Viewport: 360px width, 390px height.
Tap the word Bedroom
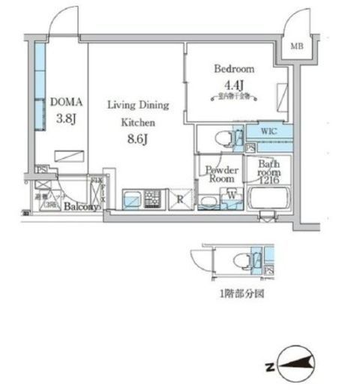(230, 68)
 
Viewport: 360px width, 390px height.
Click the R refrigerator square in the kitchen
(180, 199)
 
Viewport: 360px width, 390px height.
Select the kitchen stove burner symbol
(154, 199)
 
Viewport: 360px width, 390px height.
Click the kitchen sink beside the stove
(130, 199)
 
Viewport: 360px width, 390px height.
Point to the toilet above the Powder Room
(223, 138)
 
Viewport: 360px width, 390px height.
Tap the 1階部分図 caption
(241, 294)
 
